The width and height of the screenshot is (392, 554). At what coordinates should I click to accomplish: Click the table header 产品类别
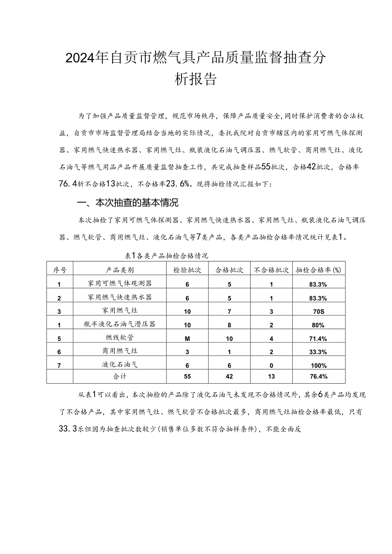[120, 270]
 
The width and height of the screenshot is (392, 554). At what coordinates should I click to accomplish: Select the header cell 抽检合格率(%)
[319, 270]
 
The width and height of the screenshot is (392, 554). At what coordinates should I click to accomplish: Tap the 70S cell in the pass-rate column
[318, 311]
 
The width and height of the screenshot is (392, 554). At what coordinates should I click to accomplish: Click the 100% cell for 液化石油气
[319, 365]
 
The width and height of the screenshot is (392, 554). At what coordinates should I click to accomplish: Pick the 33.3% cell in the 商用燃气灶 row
[319, 352]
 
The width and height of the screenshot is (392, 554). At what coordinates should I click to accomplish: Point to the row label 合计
[120, 376]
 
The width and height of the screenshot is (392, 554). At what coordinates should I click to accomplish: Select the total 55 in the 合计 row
[187, 376]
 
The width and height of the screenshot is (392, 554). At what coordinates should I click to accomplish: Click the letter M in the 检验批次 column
[187, 338]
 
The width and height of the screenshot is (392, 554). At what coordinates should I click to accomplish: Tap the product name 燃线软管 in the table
[120, 338]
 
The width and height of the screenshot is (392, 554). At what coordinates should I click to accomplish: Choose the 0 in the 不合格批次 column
[271, 365]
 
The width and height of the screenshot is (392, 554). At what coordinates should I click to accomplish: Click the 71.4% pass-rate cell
[319, 339]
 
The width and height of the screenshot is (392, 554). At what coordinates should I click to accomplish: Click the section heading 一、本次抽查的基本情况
[127, 203]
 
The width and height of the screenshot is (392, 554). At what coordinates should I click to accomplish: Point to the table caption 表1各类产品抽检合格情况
[166, 256]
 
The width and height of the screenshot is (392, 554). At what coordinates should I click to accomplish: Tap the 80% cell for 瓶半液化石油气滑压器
[319, 325]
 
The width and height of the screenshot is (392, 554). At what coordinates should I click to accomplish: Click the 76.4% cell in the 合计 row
[319, 376]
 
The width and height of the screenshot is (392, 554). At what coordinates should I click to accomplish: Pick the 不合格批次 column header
[271, 270]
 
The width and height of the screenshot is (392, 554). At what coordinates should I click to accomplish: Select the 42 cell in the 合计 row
[229, 376]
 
